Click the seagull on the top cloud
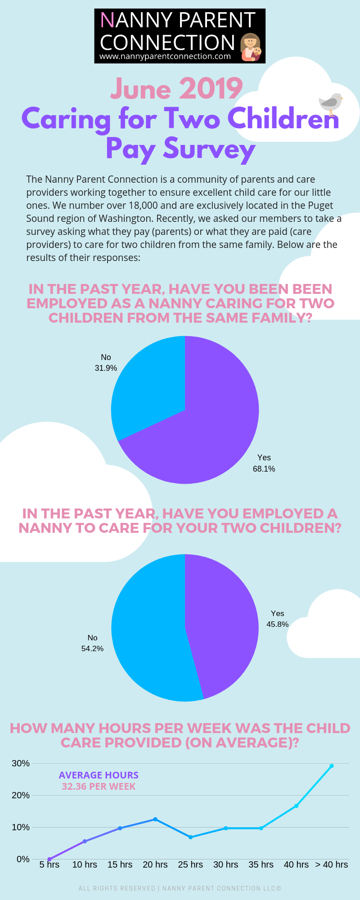tap(331, 103)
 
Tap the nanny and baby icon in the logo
tap(251, 47)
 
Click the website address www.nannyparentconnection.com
tap(165, 57)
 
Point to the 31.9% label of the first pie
tap(106, 368)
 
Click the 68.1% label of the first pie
tap(264, 469)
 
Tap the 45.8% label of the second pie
tap(277, 624)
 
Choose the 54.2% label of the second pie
tap(92, 648)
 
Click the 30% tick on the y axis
tap(21, 763)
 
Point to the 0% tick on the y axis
tap(23, 859)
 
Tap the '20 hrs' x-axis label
tap(155, 864)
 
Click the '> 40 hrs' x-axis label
tap(332, 864)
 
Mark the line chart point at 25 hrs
tap(190, 837)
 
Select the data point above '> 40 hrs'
tap(332, 765)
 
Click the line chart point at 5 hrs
tap(49, 859)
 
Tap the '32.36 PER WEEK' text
tap(99, 787)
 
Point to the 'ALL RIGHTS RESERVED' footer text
tap(117, 888)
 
